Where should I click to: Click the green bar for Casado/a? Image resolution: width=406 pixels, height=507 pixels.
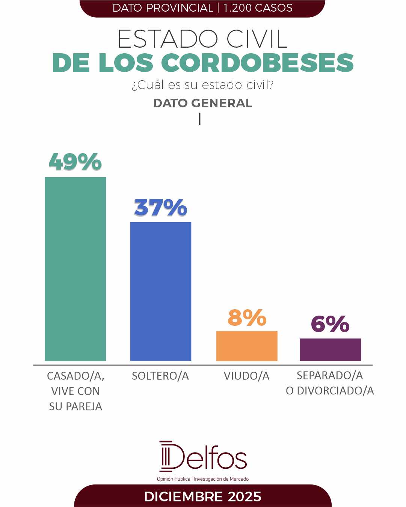pos(75,269)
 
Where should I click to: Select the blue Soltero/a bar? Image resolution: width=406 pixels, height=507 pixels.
pos(160,291)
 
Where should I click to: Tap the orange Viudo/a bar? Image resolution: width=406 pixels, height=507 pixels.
pos(247,346)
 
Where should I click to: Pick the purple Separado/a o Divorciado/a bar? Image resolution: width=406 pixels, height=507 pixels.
pos(330,349)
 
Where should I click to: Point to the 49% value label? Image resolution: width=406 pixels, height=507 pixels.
pos(75,162)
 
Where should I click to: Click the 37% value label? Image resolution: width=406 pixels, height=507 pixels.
pos(160,207)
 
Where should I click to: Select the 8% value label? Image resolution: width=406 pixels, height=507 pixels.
pos(247,317)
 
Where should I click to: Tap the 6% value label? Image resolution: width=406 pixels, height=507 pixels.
pos(330,324)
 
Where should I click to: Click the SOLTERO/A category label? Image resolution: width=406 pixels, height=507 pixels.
pos(160,376)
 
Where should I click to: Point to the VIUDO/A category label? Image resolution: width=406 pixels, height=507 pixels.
pos(247,376)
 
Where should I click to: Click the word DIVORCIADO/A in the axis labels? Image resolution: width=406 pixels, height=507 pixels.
pos(335,391)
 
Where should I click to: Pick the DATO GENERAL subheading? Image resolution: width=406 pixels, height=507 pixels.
pos(202,103)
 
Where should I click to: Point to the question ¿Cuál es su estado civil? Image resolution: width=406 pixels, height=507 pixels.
pos(202,85)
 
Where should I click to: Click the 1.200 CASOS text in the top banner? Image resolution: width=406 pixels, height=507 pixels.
pos(258,8)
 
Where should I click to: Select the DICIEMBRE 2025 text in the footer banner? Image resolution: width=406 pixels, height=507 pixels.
pos(202,496)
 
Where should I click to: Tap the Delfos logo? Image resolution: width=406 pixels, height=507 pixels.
pos(203,457)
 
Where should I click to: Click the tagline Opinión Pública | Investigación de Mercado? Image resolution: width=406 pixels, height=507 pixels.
pos(203,479)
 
